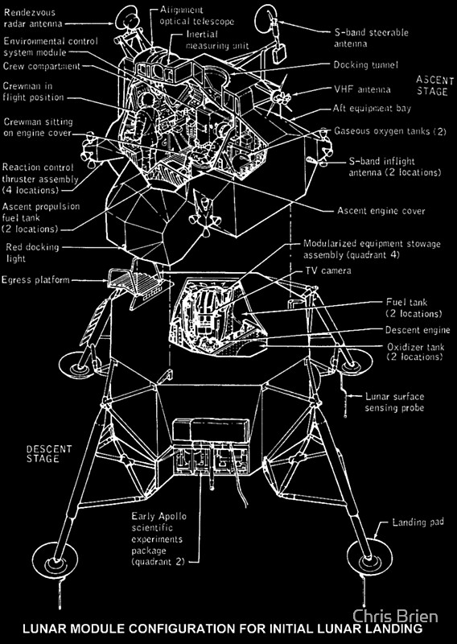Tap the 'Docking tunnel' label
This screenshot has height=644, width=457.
pyautogui.click(x=367, y=64)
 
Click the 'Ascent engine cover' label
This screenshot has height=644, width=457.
pyautogui.click(x=381, y=211)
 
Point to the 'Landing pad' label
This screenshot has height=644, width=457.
pyautogui.click(x=418, y=522)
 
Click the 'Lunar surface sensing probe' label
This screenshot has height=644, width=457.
pyautogui.click(x=395, y=402)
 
